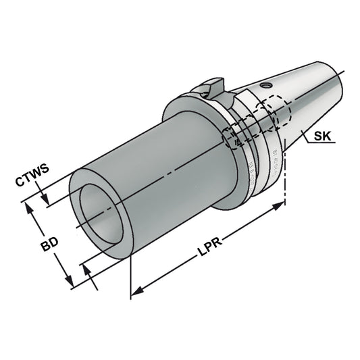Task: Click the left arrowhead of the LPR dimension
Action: click(136, 292)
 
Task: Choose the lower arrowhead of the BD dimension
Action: click(70, 283)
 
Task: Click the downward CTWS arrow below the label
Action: click(44, 200)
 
